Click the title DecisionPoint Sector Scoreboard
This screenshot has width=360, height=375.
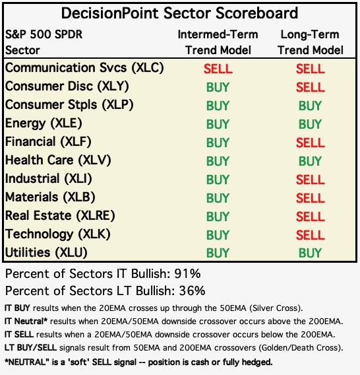[179, 13]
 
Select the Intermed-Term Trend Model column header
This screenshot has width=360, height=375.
[218, 42]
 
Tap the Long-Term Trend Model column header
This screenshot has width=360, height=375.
[311, 42]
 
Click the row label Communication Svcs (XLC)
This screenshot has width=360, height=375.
[84, 68]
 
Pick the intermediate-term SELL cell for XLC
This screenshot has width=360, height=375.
[218, 69]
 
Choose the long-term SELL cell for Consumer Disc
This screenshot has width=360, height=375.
[311, 87]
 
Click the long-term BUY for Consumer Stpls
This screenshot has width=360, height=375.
[311, 106]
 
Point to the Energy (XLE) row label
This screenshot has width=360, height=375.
[44, 123]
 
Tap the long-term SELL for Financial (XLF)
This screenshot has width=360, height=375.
[311, 143]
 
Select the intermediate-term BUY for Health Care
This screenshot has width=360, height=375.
[218, 161]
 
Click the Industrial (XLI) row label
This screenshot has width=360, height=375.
[49, 179]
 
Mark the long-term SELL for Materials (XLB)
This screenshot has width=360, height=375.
[311, 198]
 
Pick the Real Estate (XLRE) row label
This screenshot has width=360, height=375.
[60, 216]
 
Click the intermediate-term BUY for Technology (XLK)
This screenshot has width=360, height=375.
[218, 235]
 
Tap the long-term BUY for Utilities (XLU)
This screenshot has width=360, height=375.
[311, 253]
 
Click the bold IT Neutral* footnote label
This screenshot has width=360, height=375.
[26, 321]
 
